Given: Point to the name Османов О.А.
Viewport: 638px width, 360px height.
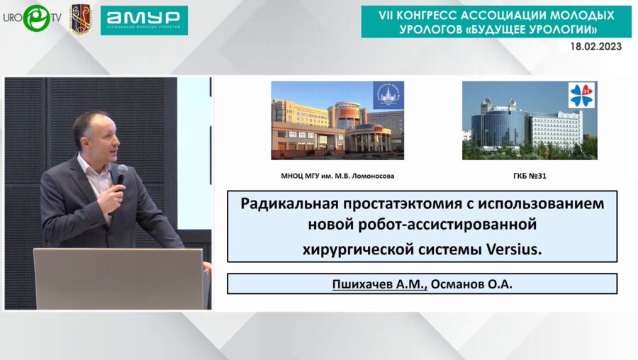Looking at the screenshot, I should [472, 284].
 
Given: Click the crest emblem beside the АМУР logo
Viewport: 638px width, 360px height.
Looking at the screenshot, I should [80, 18].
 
